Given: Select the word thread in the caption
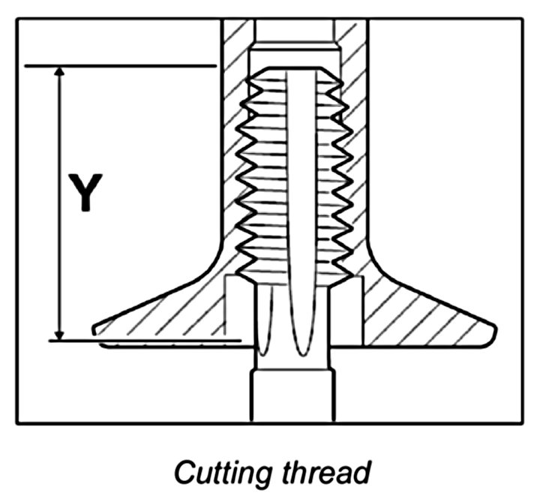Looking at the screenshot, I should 330,474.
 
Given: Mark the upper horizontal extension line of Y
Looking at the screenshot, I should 120,66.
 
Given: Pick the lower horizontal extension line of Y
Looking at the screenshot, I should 142,341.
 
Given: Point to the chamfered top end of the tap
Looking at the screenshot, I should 292,71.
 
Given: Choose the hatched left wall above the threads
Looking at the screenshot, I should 233,45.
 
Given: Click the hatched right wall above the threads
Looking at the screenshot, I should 352,45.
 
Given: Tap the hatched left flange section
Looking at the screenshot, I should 172,311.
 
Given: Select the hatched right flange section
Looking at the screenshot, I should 420,311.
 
